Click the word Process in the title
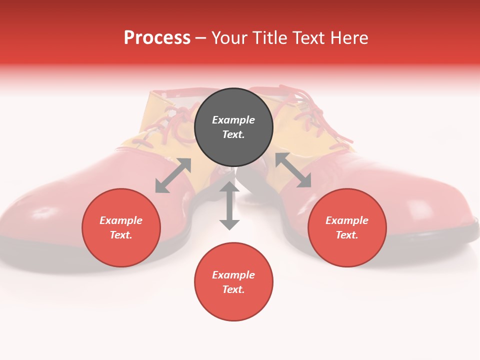[x=157, y=38]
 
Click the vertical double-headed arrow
[x=229, y=205]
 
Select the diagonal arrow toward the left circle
[x=173, y=175]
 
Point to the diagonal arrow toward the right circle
[x=293, y=170]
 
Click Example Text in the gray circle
[x=233, y=127]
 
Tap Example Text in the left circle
[x=121, y=227]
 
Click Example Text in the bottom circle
[x=233, y=282]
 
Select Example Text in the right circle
[x=347, y=227]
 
